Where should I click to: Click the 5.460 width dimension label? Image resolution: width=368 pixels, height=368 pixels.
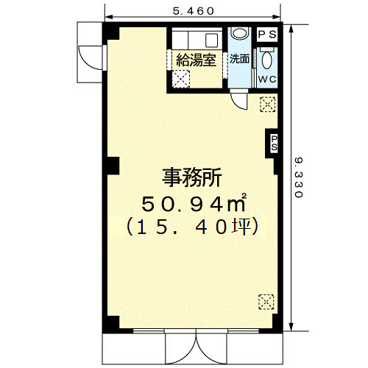[194, 11]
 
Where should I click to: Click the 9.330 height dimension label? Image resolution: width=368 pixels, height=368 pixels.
[299, 177]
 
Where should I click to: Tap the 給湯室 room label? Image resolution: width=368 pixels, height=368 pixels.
[196, 60]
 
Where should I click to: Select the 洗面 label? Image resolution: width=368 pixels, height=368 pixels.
[239, 59]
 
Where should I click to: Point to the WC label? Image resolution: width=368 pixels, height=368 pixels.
[267, 79]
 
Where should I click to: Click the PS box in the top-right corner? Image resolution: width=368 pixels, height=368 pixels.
[267, 35]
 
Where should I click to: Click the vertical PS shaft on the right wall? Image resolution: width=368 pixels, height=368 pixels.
[274, 144]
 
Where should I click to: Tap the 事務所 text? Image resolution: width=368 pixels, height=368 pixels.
[192, 177]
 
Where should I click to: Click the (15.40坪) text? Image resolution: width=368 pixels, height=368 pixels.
[192, 227]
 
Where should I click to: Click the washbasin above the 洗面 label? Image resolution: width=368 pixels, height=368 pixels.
[240, 33]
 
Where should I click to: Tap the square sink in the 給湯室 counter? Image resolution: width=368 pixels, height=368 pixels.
[211, 40]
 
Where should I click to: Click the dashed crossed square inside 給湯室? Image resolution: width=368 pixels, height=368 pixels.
[181, 79]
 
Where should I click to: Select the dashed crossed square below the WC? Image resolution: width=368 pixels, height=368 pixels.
[268, 105]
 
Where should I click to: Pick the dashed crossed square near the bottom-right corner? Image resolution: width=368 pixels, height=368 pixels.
[266, 302]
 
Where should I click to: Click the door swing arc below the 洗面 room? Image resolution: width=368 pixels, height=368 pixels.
[239, 101]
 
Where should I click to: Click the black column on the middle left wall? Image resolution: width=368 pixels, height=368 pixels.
[113, 166]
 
